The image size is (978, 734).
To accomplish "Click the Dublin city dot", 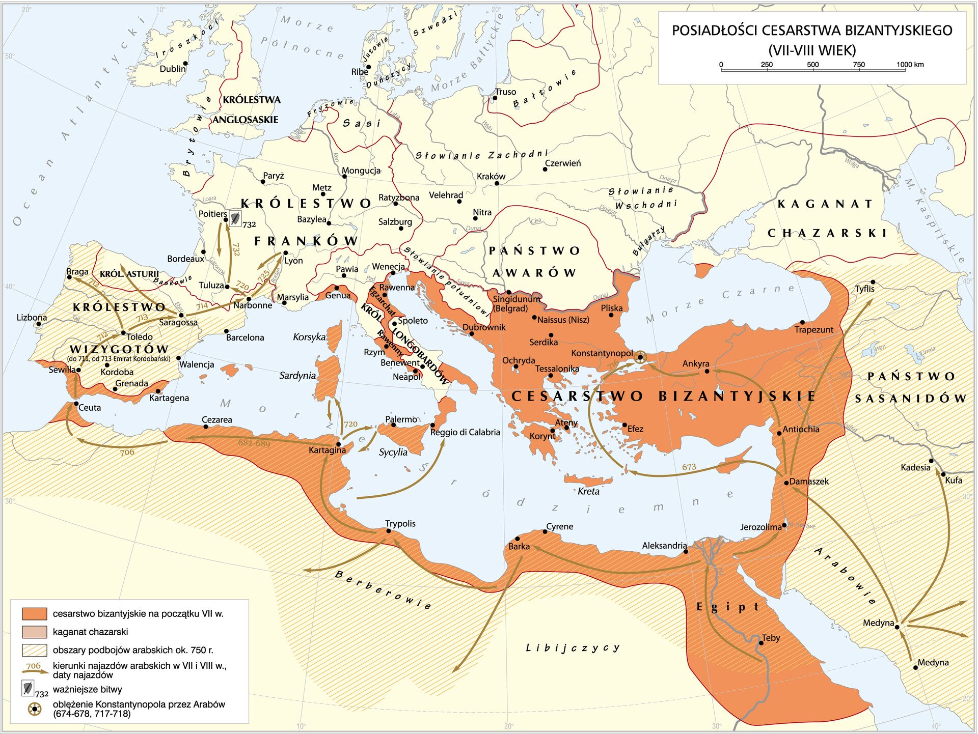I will [x=186, y=64].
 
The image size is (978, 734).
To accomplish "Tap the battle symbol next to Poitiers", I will [x=235, y=218].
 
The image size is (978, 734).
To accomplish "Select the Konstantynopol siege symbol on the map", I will [x=641, y=357].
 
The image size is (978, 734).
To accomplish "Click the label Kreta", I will [x=588, y=491].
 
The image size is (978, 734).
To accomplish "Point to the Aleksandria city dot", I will [x=686, y=551].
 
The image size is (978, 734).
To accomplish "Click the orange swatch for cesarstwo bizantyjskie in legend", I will [x=35, y=613].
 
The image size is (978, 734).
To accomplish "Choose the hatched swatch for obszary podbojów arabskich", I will [x=35, y=650].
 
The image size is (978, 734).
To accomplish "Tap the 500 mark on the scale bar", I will [x=813, y=65].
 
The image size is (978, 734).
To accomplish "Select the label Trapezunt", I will [x=813, y=330].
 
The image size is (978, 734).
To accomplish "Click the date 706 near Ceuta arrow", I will [x=127, y=452].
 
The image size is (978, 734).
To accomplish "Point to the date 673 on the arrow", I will [x=689, y=467].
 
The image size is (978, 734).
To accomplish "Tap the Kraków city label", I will [x=491, y=177].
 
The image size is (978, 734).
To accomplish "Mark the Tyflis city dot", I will [x=873, y=282].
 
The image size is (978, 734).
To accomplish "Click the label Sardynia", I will [x=297, y=376].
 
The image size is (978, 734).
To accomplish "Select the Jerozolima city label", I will [x=760, y=527].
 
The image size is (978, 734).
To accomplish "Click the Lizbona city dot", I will [x=39, y=324].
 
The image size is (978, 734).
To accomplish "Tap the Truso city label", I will [x=505, y=92].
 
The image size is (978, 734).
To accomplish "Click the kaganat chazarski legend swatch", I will [x=35, y=632].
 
